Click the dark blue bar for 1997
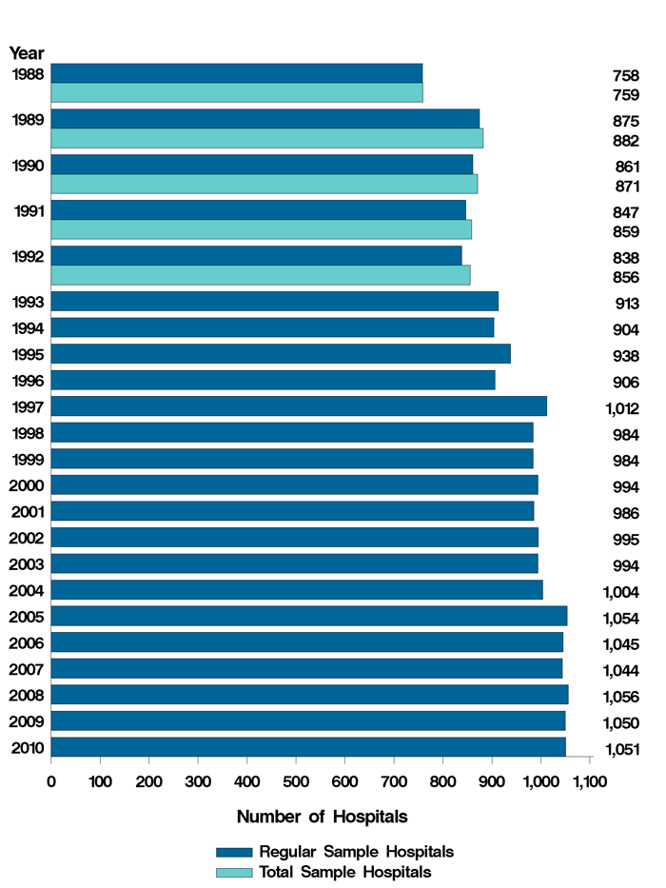299,406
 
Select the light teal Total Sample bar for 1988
236,93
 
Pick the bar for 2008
309,694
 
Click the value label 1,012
621,409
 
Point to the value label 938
626,357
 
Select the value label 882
626,141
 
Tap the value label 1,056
621,697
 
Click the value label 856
626,278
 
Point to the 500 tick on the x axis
296,781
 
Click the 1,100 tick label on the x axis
588,781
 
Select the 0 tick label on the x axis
51,781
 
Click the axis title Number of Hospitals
322,817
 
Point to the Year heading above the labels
27,53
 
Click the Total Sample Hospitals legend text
352,872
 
